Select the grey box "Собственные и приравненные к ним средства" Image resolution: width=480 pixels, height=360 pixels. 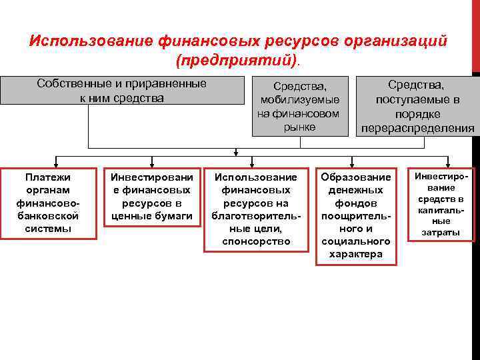click(121, 91)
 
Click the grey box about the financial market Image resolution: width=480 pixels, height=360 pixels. click(299, 105)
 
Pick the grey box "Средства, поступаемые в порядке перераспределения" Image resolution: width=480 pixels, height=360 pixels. click(417, 105)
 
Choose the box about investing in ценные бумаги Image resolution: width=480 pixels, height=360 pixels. click(152, 197)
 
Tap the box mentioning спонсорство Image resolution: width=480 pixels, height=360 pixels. click(257, 209)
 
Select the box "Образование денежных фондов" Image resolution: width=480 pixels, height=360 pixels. click(355, 215)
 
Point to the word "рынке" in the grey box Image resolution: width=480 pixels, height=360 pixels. click(299, 127)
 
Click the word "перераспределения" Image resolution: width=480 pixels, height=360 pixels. click(417, 128)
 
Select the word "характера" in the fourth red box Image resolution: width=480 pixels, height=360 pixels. click(355, 254)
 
